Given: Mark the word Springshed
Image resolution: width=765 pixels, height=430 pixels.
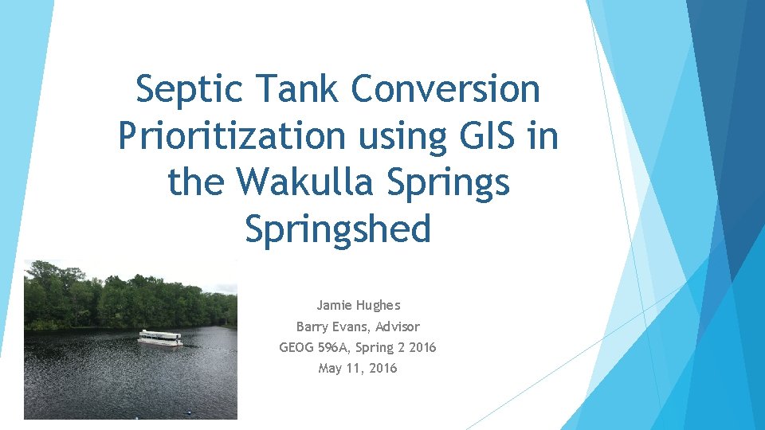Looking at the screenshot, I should tap(338, 229).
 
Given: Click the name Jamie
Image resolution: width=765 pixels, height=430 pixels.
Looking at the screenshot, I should tap(335, 305).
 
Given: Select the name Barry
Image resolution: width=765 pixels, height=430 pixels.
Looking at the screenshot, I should tap(312, 326).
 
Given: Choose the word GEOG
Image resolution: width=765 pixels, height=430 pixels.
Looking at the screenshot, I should tap(297, 347).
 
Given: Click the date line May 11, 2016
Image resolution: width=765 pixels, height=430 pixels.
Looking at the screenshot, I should tap(357, 368).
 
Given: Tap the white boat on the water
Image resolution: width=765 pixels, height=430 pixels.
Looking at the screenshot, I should tap(160, 338).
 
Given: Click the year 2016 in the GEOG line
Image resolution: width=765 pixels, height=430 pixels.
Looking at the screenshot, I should tap(422, 347).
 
